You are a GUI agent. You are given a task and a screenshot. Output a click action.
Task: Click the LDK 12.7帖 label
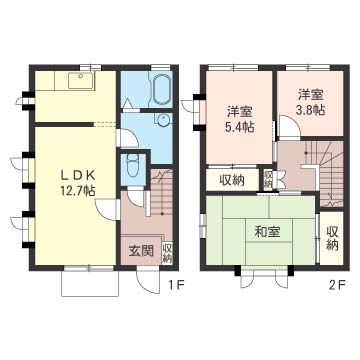[x=78, y=183]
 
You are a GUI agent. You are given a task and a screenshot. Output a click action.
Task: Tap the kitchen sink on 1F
[x=82, y=81]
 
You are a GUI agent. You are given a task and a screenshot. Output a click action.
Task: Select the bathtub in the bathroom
[x=162, y=90]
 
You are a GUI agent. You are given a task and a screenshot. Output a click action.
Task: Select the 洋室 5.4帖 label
[x=240, y=119]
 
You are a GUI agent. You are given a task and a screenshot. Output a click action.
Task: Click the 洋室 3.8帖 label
[x=310, y=102]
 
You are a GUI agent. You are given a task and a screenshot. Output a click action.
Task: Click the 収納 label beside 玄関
[x=167, y=253]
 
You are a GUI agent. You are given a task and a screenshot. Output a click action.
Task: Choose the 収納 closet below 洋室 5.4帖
[x=232, y=180]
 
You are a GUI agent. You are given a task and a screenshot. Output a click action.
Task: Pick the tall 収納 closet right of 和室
[x=332, y=238]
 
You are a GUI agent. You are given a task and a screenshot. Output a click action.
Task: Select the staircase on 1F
[x=161, y=192]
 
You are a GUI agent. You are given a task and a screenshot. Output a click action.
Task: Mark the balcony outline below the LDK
[x=90, y=283]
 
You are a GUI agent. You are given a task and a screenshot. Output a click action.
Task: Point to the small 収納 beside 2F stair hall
[x=268, y=179]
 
